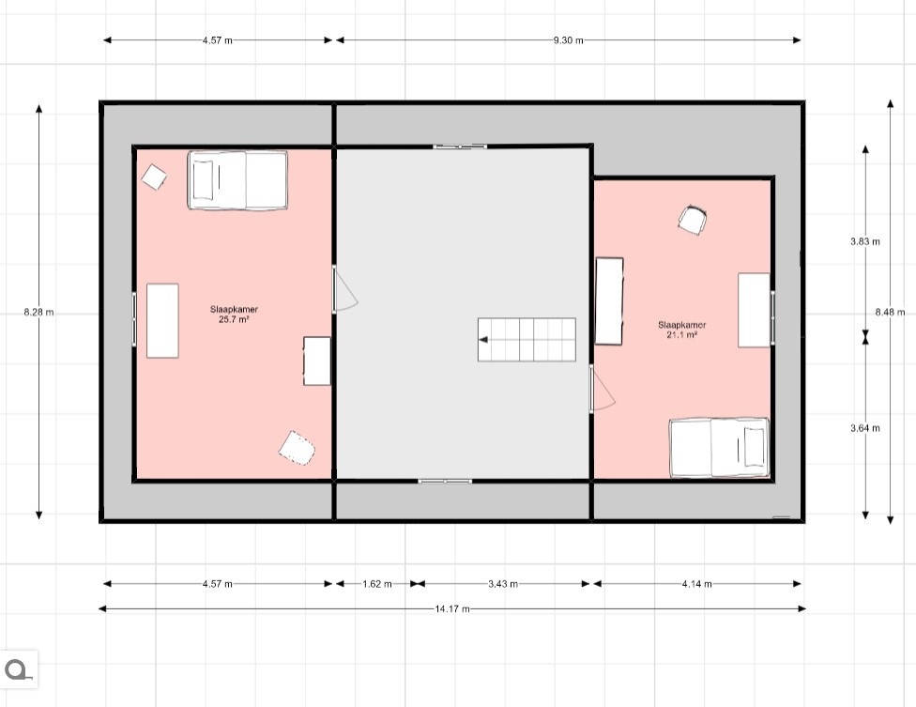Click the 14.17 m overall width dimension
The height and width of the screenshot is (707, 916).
pyautogui.click(x=452, y=608)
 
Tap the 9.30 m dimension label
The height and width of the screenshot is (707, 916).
pyautogui.click(x=569, y=40)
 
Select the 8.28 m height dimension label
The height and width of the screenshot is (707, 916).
pyautogui.click(x=38, y=313)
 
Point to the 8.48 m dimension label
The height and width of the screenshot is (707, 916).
pyautogui.click(x=890, y=313)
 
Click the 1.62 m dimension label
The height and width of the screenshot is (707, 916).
pyautogui.click(x=376, y=584)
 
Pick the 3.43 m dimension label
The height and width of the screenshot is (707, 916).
pyautogui.click(x=503, y=584)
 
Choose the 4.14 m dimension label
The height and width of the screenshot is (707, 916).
pyautogui.click(x=697, y=584)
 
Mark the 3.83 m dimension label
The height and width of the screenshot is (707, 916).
pyautogui.click(x=865, y=241)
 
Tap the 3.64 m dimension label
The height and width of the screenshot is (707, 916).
pyautogui.click(x=865, y=428)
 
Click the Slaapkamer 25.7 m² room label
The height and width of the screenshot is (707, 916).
pyautogui.click(x=235, y=315)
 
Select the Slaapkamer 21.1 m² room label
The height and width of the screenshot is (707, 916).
pyautogui.click(x=682, y=330)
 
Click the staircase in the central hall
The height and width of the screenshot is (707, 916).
pyautogui.click(x=527, y=340)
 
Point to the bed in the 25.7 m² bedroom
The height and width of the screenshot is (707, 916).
pyautogui.click(x=237, y=180)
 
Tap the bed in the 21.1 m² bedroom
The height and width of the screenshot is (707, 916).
pyautogui.click(x=719, y=448)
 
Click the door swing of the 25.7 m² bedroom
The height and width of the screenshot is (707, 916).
pyautogui.click(x=344, y=289)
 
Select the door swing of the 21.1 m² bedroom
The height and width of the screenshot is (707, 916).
pyautogui.click(x=603, y=389)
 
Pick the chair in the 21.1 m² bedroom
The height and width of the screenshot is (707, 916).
pyautogui.click(x=693, y=220)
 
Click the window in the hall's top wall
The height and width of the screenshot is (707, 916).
pyautogui.click(x=460, y=146)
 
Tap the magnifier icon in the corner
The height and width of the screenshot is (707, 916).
pyautogui.click(x=18, y=669)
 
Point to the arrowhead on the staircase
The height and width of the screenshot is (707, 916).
pyautogui.click(x=483, y=340)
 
